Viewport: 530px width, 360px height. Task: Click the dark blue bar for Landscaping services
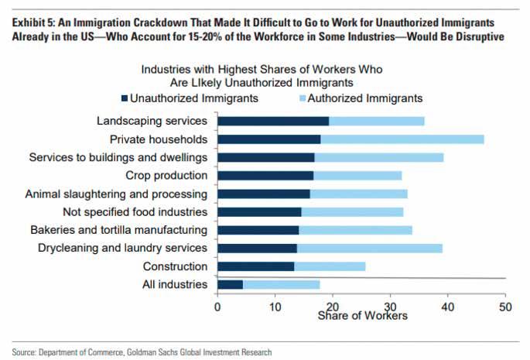click(273, 121)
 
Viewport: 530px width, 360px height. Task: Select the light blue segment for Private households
click(402, 139)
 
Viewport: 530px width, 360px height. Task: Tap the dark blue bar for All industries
click(231, 284)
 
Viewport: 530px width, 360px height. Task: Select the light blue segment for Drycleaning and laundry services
click(369, 248)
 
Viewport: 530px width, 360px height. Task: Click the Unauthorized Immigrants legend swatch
click(124, 98)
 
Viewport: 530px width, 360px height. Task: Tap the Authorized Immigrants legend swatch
click(302, 98)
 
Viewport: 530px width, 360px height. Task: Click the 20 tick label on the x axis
click(332, 306)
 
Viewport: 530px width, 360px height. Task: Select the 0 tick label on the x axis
click(217, 306)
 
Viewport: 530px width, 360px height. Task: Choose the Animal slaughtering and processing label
click(116, 194)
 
